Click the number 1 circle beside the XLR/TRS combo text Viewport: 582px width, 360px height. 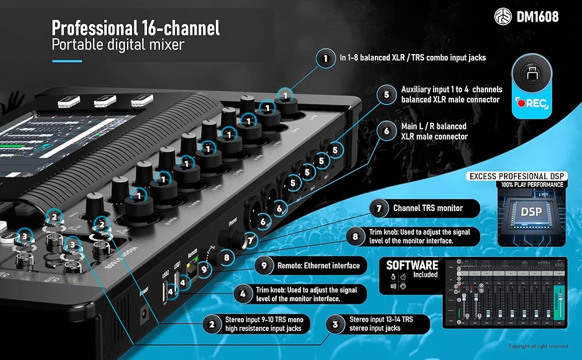coord(323,58)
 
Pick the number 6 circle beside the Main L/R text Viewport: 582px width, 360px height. coord(386,131)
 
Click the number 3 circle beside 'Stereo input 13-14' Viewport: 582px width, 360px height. coord(334,324)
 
